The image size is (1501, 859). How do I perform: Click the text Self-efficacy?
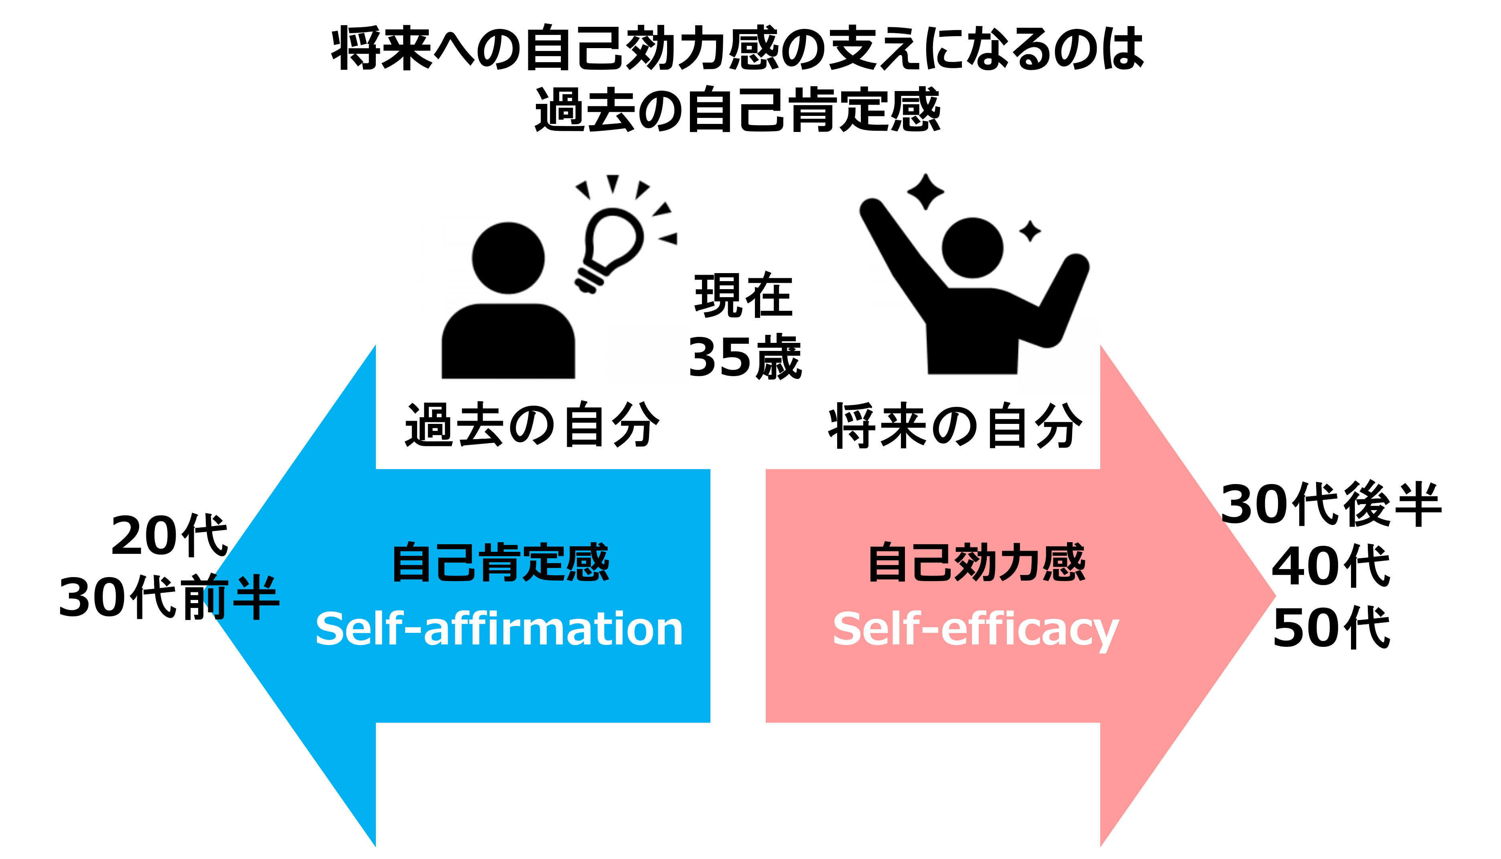(x=975, y=630)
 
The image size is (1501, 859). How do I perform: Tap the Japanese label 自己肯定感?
(x=500, y=562)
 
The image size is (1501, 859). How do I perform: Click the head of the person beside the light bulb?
(x=508, y=258)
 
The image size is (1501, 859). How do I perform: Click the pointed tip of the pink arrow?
(x=1278, y=596)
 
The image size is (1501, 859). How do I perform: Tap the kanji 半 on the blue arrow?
(x=256, y=597)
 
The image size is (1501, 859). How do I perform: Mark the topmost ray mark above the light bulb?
(x=613, y=183)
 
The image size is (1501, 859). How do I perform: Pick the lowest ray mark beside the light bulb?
(x=669, y=238)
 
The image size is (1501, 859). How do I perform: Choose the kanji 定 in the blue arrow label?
(x=544, y=562)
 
